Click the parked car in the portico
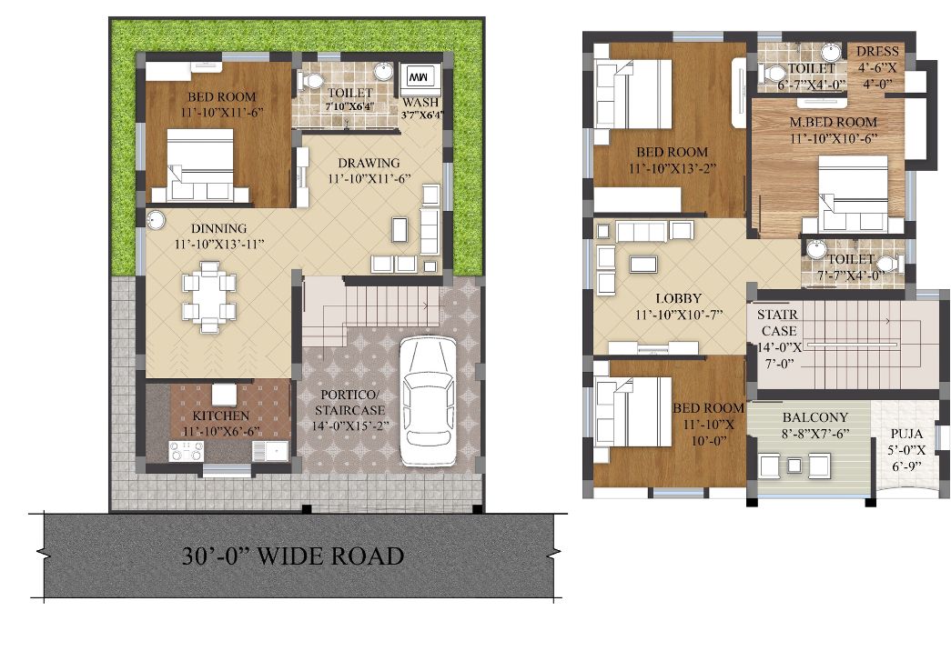[x=429, y=402]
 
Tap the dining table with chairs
[x=209, y=296]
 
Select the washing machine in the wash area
[x=420, y=78]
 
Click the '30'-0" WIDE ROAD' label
[x=293, y=556]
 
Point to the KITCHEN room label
[x=221, y=416]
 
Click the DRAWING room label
[x=369, y=163]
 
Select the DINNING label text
[x=219, y=228]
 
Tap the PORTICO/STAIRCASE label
[x=350, y=403]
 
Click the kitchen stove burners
[x=187, y=451]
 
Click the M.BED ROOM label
[x=834, y=122]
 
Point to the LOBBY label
[x=679, y=298]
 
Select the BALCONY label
[x=815, y=417]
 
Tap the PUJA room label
[x=906, y=434]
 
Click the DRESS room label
[x=877, y=52]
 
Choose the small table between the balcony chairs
[x=794, y=466]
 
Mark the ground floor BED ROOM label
[x=221, y=97]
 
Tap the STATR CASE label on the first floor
[x=778, y=323]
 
